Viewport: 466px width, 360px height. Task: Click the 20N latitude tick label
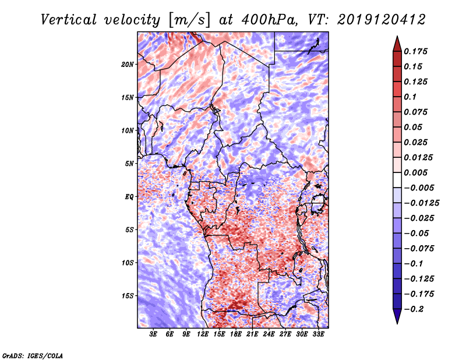coord(128,64)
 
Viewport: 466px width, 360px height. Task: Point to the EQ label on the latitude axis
coord(129,196)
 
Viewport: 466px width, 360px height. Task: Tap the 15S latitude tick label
coord(128,295)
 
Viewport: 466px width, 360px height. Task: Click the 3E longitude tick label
coord(154,335)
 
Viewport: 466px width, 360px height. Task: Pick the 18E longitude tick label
coord(236,335)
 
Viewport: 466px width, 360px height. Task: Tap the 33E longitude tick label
coord(318,335)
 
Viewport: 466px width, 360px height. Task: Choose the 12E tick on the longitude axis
coord(203,335)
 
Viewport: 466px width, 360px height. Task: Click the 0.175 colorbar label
coord(416,51)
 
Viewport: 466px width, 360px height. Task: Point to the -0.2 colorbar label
coord(415,309)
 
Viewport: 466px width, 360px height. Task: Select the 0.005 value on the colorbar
coord(416,172)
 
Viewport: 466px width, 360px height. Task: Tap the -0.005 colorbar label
coord(419,188)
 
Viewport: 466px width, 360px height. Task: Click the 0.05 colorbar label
coord(414,127)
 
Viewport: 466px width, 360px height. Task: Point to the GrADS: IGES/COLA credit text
coord(32,355)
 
